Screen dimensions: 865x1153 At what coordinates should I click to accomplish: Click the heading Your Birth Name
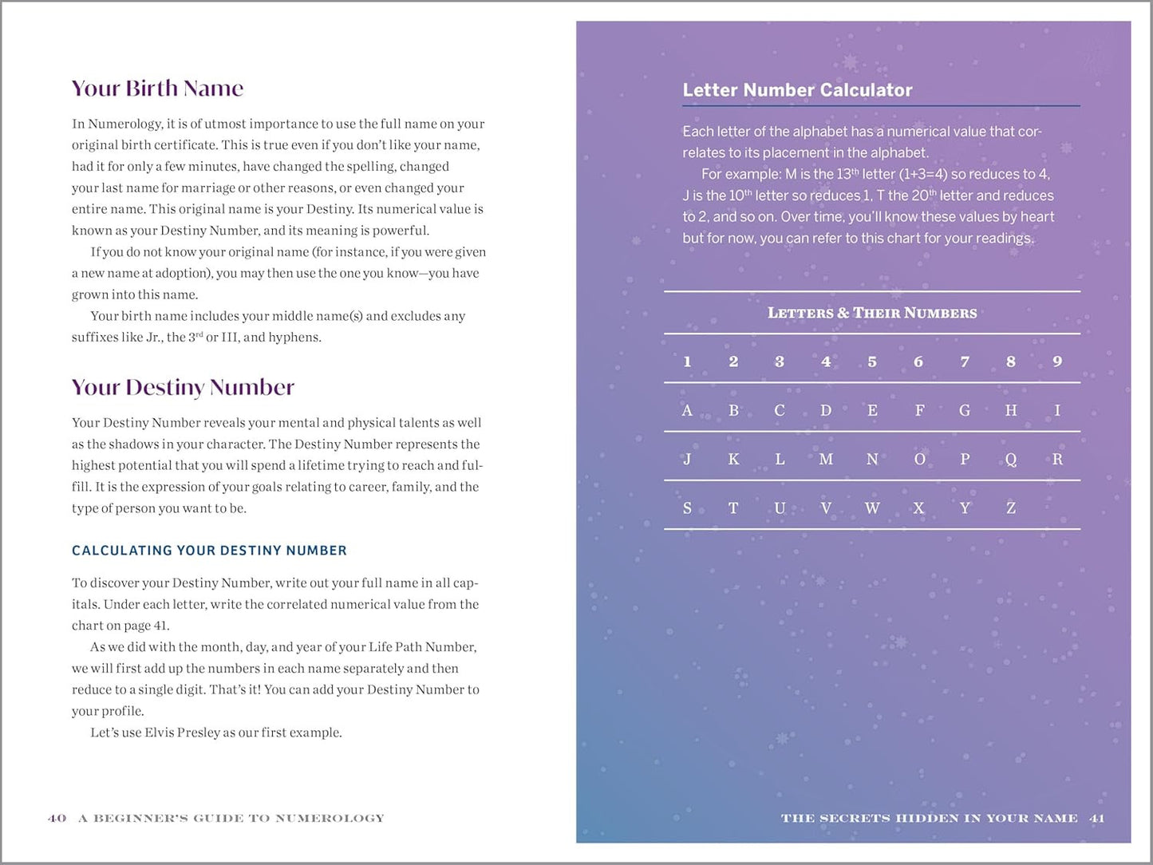coord(157,88)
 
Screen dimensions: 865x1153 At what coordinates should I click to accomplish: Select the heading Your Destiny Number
coord(183,387)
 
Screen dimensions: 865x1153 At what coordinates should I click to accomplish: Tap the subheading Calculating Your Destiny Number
coord(209,551)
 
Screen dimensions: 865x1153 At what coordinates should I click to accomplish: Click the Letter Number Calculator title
coord(797,90)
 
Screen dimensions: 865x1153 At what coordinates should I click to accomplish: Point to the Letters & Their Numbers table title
coord(872,313)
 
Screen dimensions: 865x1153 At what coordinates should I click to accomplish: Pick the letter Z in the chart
coord(1011,508)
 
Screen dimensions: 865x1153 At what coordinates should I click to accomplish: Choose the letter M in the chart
coord(826,460)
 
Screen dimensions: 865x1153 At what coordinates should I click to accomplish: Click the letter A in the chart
coord(687,411)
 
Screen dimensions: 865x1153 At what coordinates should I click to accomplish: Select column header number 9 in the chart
coord(1057,361)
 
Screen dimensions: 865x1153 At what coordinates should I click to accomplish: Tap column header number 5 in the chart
coord(872,361)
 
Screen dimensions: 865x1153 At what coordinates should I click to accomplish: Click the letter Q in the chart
coord(1011,460)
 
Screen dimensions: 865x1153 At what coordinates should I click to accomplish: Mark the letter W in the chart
coord(872,508)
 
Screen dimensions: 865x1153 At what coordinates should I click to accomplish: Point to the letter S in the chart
coord(687,508)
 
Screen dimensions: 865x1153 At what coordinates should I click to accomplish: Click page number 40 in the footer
coord(57,818)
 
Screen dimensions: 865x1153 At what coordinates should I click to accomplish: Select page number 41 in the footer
coord(1097,818)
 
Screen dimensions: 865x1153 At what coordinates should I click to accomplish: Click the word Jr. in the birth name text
coord(153,338)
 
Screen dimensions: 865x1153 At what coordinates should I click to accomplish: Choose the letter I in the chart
coord(1057,411)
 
